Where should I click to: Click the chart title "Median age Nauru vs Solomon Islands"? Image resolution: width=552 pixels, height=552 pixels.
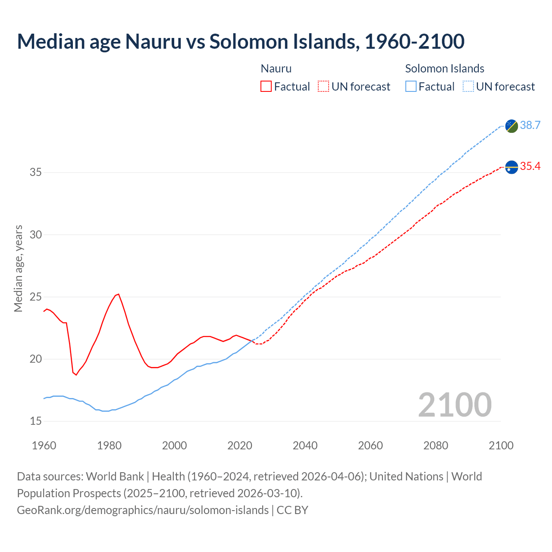click(x=241, y=41)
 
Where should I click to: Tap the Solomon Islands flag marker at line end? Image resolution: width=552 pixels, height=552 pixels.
click(x=511, y=126)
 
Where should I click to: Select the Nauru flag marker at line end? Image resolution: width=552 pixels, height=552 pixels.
click(x=511, y=167)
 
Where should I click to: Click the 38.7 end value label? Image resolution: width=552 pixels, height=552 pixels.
click(x=530, y=125)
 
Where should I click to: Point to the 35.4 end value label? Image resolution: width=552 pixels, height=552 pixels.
click(x=530, y=166)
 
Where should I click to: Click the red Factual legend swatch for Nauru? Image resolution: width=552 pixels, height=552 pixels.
click(x=266, y=87)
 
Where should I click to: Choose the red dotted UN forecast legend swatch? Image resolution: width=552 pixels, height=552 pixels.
click(x=323, y=87)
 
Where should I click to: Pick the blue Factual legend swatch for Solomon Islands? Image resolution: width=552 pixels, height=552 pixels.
click(x=411, y=87)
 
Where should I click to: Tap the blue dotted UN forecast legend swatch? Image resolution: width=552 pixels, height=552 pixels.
click(x=468, y=87)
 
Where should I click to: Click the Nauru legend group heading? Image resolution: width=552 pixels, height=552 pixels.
click(x=276, y=69)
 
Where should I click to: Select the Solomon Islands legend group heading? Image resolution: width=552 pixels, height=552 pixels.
click(x=445, y=69)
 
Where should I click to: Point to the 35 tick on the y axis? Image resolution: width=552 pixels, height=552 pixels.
click(x=36, y=172)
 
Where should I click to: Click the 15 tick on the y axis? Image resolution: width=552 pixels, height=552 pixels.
click(x=36, y=421)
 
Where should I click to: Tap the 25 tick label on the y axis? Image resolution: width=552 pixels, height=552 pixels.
click(x=36, y=297)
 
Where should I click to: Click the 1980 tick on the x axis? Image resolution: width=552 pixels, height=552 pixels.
click(x=109, y=445)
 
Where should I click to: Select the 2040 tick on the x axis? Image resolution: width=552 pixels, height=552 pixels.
click(x=305, y=445)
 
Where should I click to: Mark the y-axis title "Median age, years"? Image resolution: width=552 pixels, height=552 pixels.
click(x=18, y=268)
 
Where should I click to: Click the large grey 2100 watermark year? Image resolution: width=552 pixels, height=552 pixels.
click(x=455, y=405)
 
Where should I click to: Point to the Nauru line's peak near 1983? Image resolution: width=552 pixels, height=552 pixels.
click(x=118, y=294)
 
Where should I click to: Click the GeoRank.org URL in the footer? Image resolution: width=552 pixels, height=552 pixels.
click(x=143, y=510)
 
